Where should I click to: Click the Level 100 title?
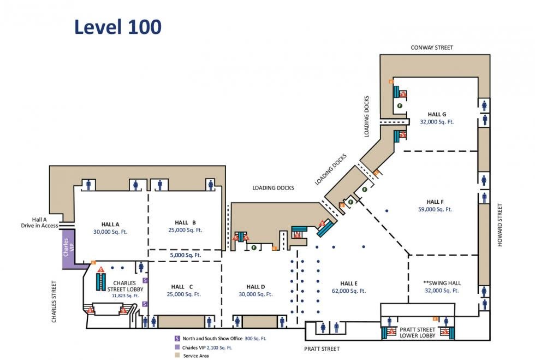(x=118, y=26)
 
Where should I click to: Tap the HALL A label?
(x=110, y=224)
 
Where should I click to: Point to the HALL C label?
(x=182, y=287)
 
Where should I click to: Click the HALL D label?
(x=255, y=287)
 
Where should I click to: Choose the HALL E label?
(x=348, y=284)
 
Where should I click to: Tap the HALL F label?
(x=435, y=202)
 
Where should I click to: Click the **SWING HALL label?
(x=442, y=283)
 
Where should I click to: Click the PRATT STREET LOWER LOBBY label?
(x=418, y=333)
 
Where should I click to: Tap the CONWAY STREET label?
(x=431, y=48)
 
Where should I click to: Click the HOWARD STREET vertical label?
(x=500, y=225)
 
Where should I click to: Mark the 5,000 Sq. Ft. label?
(x=185, y=255)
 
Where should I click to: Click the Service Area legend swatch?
(x=177, y=356)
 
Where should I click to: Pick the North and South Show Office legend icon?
(x=177, y=339)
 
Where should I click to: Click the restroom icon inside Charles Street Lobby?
(x=141, y=267)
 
